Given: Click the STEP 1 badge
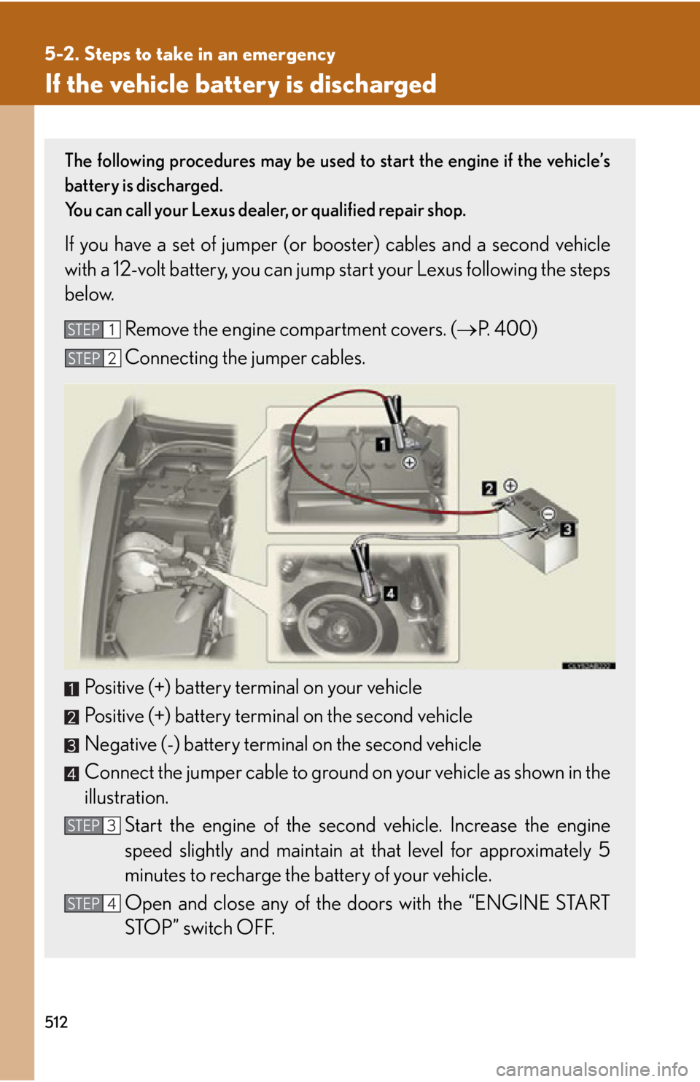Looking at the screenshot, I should [x=92, y=330].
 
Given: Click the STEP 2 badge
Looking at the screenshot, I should [x=92, y=358].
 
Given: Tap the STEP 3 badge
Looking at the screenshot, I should [x=92, y=825].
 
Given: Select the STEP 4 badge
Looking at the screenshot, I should [x=92, y=903].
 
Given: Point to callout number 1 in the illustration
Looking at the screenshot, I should [x=383, y=444].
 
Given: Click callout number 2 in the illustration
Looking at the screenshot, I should [x=489, y=488].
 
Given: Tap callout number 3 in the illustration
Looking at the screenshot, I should [x=567, y=529].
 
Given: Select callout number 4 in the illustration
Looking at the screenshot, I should [x=391, y=593].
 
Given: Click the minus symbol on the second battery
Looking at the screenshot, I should [x=548, y=514].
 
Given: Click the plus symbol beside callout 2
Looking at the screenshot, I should [x=510, y=486].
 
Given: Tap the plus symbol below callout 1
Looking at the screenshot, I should [x=410, y=462].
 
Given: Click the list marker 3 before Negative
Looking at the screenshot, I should [x=71, y=745].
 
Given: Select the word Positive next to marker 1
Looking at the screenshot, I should [x=114, y=688].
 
